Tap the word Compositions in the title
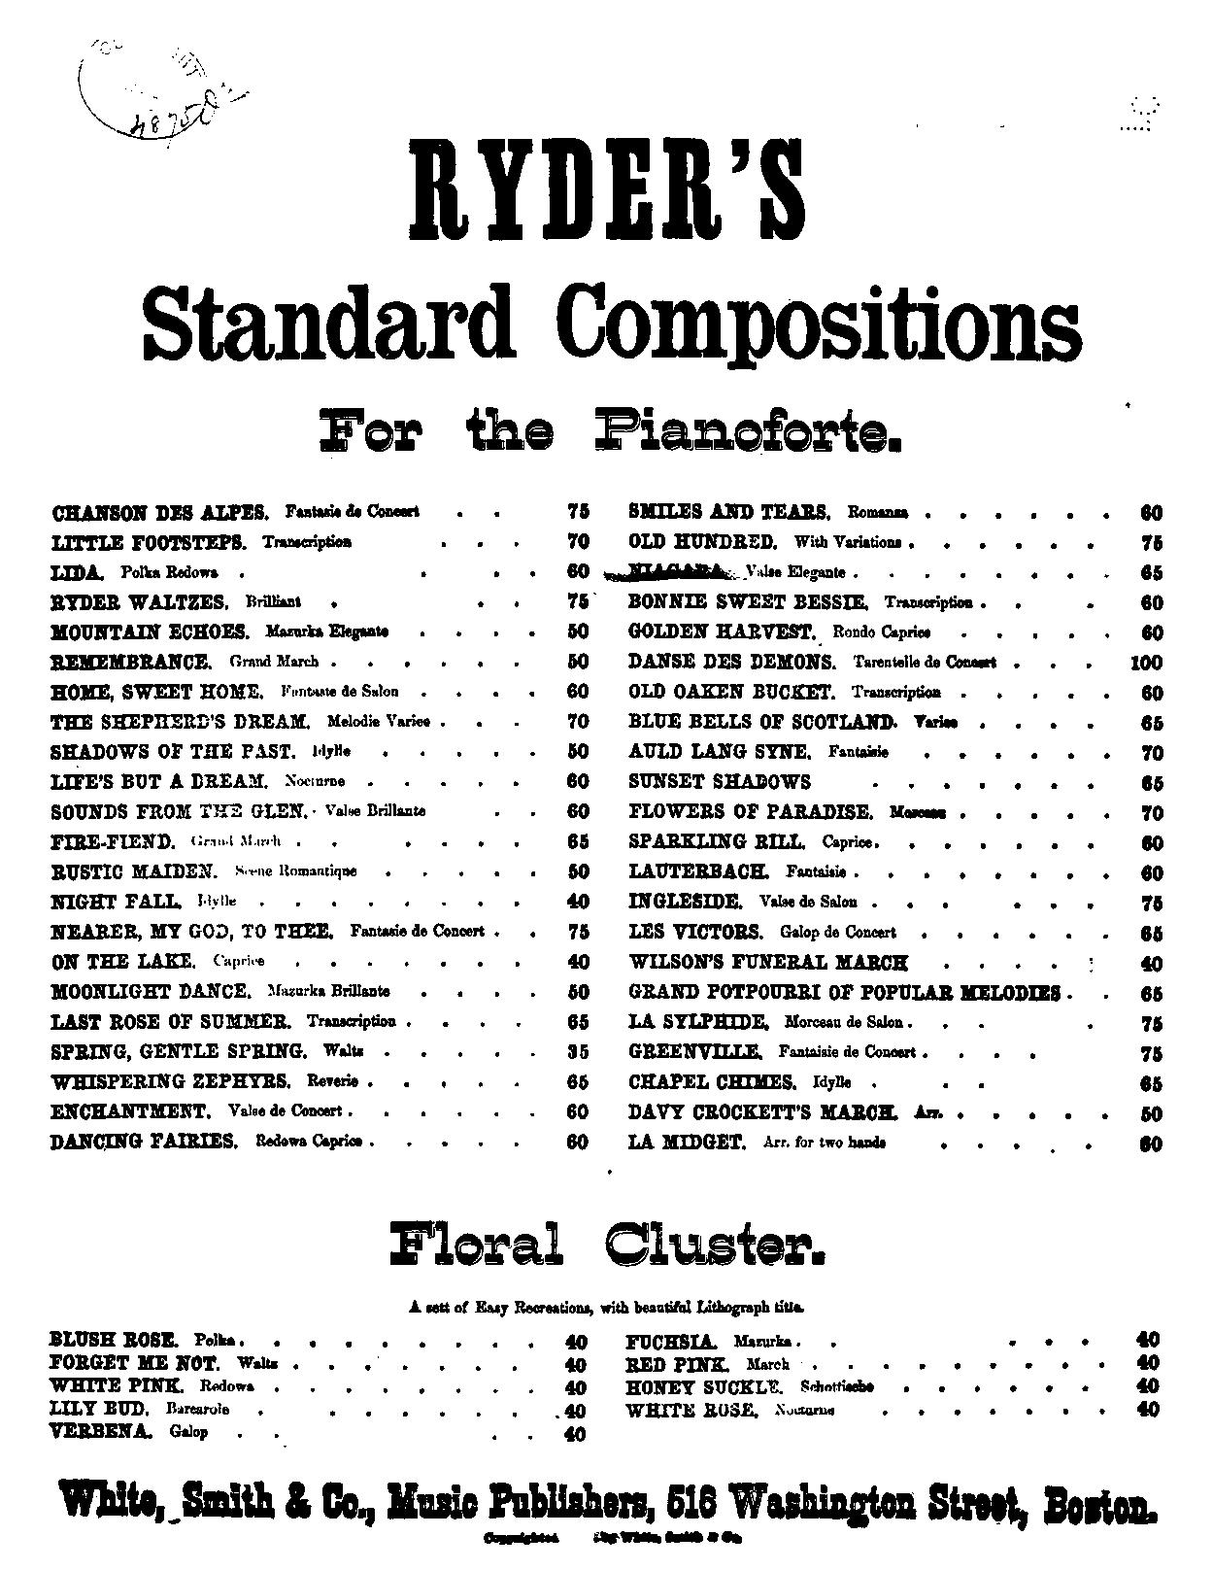[x=824, y=321]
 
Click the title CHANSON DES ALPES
[x=159, y=511]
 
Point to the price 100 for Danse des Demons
[x=1146, y=664]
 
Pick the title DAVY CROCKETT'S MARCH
[x=762, y=1112]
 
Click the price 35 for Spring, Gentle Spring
[x=577, y=1052]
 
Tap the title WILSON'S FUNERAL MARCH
[x=768, y=963]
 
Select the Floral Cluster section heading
[x=607, y=1244]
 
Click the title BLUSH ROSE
[x=116, y=1340]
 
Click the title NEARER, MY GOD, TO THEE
[x=191, y=932]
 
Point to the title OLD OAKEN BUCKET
[x=731, y=693]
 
